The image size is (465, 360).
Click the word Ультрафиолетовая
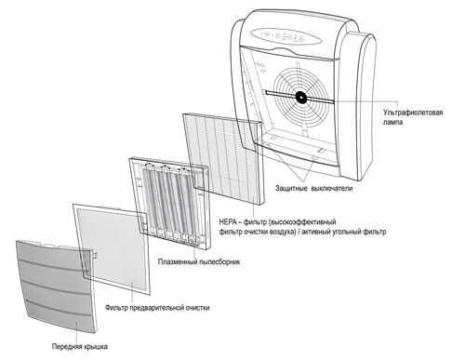click(x=413, y=113)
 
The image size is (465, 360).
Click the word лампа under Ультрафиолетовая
click(x=392, y=122)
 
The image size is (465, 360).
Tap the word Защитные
click(x=291, y=188)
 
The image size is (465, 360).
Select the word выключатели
click(x=332, y=188)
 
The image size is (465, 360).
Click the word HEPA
click(x=228, y=222)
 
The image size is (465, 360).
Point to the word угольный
click(x=345, y=232)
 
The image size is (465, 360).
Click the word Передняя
click(x=65, y=346)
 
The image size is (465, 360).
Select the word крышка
click(x=94, y=346)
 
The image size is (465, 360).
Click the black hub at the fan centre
click(x=301, y=98)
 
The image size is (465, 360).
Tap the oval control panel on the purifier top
click(x=286, y=36)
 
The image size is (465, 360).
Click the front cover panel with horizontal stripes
click(x=56, y=286)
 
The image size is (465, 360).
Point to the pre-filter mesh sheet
click(x=112, y=248)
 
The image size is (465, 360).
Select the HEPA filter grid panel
click(x=224, y=158)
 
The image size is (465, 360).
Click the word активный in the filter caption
click(x=316, y=232)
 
